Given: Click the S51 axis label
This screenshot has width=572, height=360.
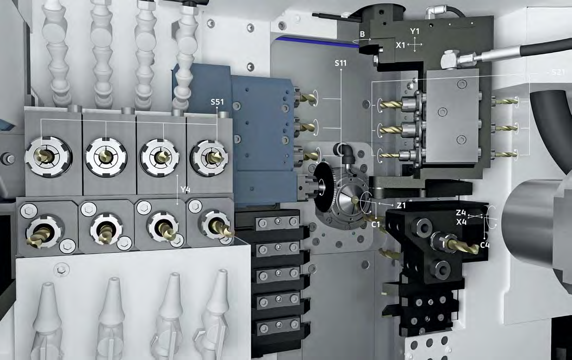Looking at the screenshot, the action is tap(217, 102).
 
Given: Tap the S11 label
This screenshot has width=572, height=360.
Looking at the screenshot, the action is tap(341, 63).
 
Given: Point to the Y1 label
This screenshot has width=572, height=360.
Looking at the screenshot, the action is tap(415, 32).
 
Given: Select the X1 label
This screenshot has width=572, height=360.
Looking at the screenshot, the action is tap(400, 45).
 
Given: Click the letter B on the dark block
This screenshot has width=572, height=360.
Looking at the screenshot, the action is tap(362, 34).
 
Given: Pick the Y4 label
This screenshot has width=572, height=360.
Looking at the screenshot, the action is tap(185, 189).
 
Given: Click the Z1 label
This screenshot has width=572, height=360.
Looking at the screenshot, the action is tap(401, 206).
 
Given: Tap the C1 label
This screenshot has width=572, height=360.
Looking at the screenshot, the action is tap(376, 225).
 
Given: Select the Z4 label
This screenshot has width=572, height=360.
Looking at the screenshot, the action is tap(461, 212).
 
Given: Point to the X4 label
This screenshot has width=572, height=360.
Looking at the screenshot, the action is tap(461, 222).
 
